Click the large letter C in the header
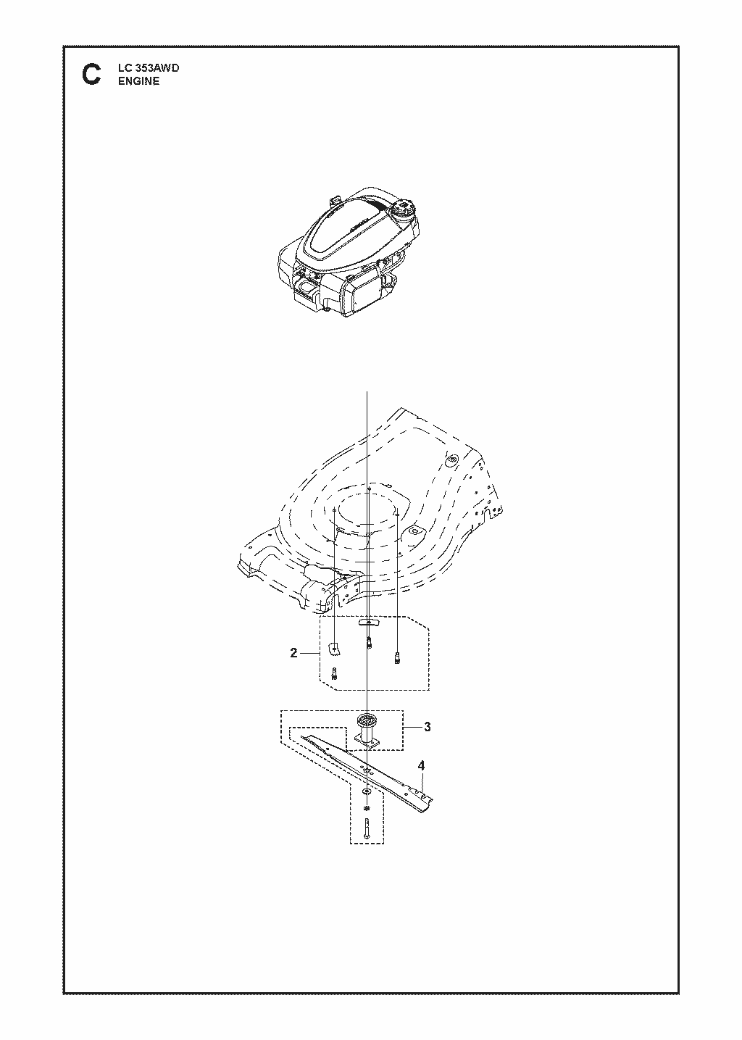pos(91,75)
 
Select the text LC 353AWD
pos(149,68)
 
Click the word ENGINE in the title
pos(139,81)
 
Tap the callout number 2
pos(293,653)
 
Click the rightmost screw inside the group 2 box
pos(397,657)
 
